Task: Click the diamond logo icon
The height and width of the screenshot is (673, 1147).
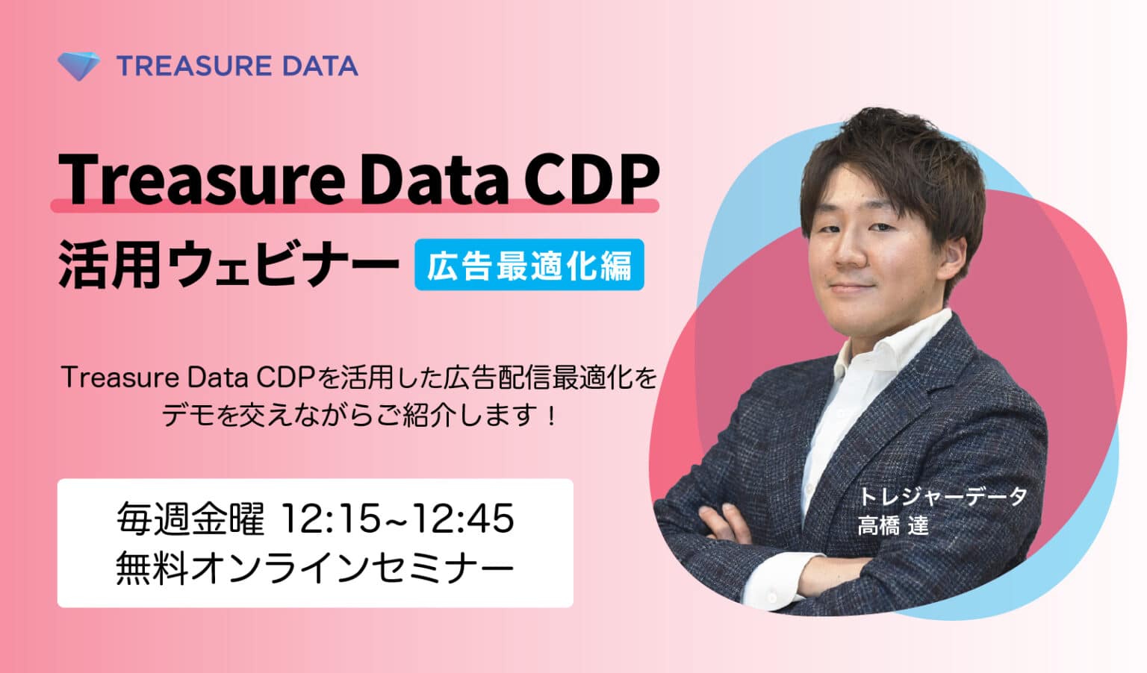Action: click(78, 66)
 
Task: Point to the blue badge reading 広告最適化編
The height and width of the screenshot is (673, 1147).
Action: click(529, 265)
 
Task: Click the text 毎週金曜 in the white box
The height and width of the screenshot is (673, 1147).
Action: click(190, 519)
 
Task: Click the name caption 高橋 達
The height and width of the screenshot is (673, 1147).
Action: click(892, 526)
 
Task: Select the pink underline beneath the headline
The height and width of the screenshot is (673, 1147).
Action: click(355, 206)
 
